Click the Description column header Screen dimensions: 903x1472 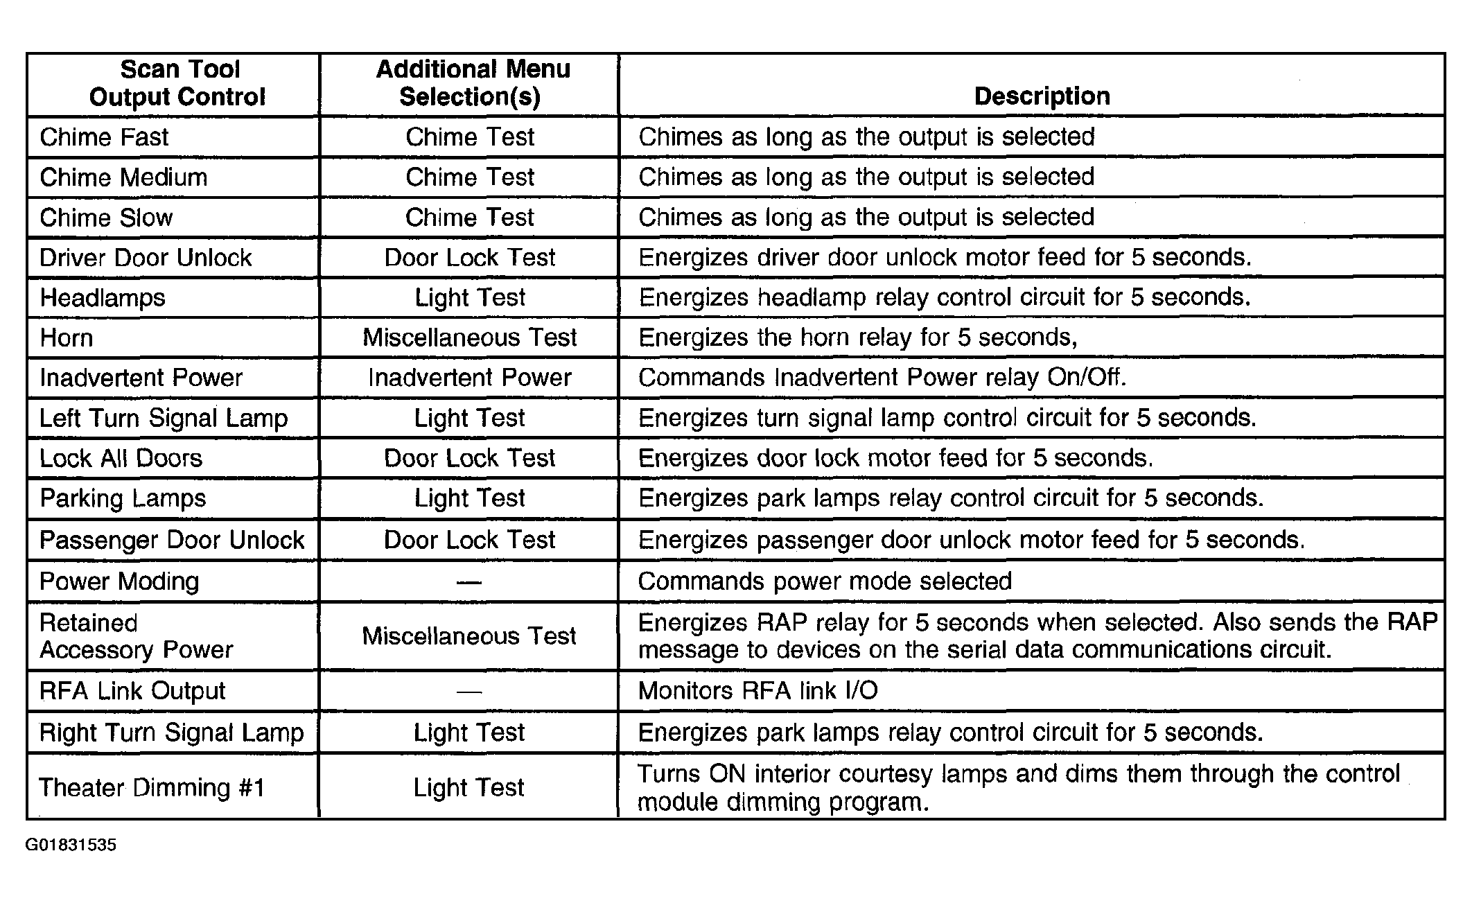pyautogui.click(x=1041, y=96)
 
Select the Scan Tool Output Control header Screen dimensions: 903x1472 pyautogui.click(x=178, y=83)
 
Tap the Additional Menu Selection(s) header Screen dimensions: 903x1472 pyautogui.click(x=471, y=83)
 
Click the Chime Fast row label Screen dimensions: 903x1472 pyautogui.click(x=104, y=137)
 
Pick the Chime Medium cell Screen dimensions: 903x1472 pyautogui.click(x=123, y=177)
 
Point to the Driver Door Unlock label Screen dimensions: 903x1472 pyautogui.click(x=146, y=258)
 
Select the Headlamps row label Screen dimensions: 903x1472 pyautogui.click(x=103, y=298)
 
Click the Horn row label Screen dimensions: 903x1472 pyautogui.click(x=67, y=338)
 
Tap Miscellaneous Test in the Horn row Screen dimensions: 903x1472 pyautogui.click(x=469, y=337)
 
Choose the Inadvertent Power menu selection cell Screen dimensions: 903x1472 pyautogui.click(x=469, y=378)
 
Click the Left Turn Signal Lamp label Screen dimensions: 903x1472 pyautogui.click(x=164, y=418)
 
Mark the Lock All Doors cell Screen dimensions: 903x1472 pyautogui.click(x=121, y=458)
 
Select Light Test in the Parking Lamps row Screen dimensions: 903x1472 pyautogui.click(x=469, y=498)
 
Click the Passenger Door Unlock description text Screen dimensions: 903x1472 pyautogui.click(x=971, y=540)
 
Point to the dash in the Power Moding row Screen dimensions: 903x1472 pyautogui.click(x=469, y=581)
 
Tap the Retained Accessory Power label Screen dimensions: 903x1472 pyautogui.click(x=136, y=636)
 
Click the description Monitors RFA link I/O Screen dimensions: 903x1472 pyautogui.click(x=757, y=691)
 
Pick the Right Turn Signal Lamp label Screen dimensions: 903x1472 pyautogui.click(x=171, y=733)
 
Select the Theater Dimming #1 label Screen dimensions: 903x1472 pyautogui.click(x=152, y=788)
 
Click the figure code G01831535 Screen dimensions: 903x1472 pyautogui.click(x=71, y=845)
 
